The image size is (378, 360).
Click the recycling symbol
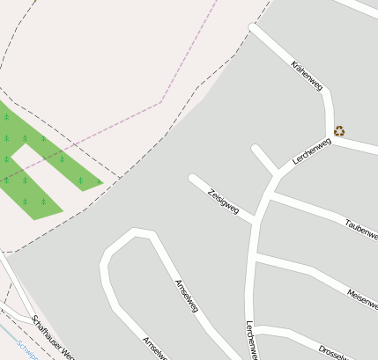(x=339, y=131)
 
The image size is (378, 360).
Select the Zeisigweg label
(x=223, y=202)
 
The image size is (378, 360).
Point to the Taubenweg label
(x=361, y=226)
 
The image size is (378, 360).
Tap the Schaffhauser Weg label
(x=51, y=337)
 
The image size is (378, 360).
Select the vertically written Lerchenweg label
(x=250, y=340)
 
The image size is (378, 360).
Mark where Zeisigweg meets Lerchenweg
(x=256, y=219)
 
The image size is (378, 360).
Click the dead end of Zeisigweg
(x=192, y=179)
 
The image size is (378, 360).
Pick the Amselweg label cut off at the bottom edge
(x=155, y=349)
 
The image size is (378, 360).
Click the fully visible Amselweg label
(x=187, y=296)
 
